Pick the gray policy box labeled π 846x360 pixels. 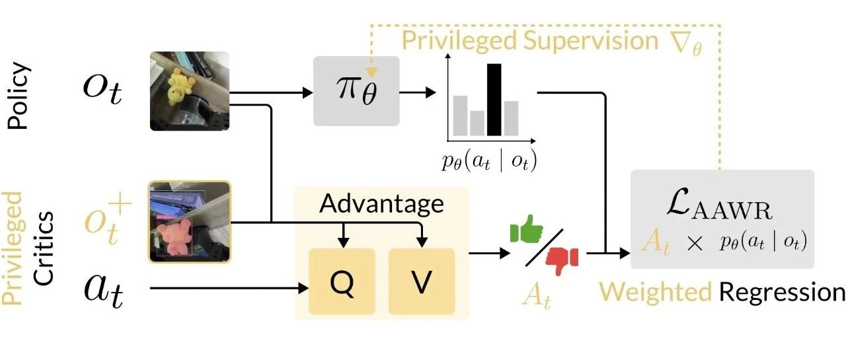tap(356, 91)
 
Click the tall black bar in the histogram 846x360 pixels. tap(494, 100)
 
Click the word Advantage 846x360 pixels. tap(381, 203)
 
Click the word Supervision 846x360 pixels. tap(588, 41)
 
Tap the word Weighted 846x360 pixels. tap(654, 291)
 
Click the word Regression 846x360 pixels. tap(782, 291)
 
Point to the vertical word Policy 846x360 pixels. tap(20, 95)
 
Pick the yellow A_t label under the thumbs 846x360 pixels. tap(535, 295)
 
